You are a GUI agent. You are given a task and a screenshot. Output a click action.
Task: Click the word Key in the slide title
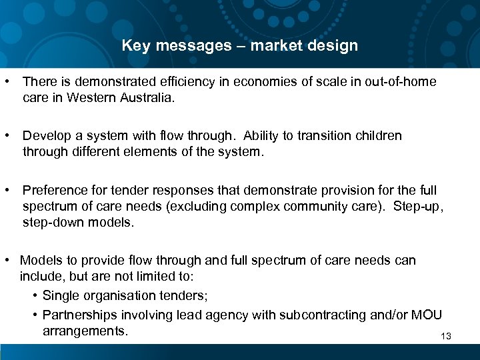pos(135,46)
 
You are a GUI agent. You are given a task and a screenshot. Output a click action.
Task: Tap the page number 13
pos(446,336)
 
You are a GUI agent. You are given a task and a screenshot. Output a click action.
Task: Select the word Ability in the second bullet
pos(263,136)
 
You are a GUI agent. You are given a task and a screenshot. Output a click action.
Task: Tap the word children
pos(375,136)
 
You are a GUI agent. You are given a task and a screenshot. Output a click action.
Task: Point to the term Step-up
pos(417,206)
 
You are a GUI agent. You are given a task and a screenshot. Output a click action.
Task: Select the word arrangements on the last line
pos(85,331)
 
